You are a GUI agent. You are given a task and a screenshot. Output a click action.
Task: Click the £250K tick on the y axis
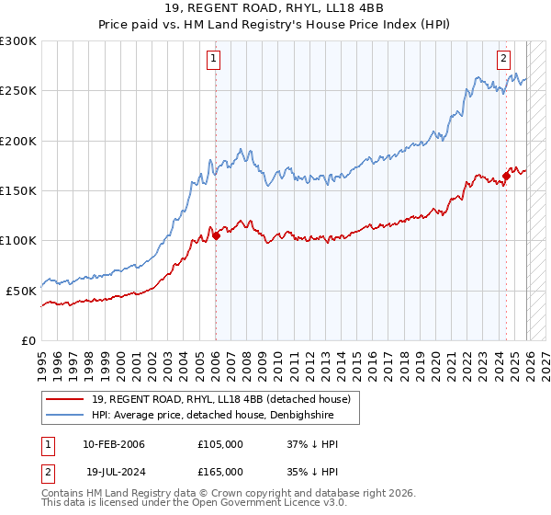(18, 91)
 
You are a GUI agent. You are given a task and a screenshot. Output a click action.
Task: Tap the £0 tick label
(29, 339)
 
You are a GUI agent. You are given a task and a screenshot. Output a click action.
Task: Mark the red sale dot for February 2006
(216, 236)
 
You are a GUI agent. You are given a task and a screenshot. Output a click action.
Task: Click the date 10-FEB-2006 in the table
(113, 444)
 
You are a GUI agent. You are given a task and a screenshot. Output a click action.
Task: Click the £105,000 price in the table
(219, 444)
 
